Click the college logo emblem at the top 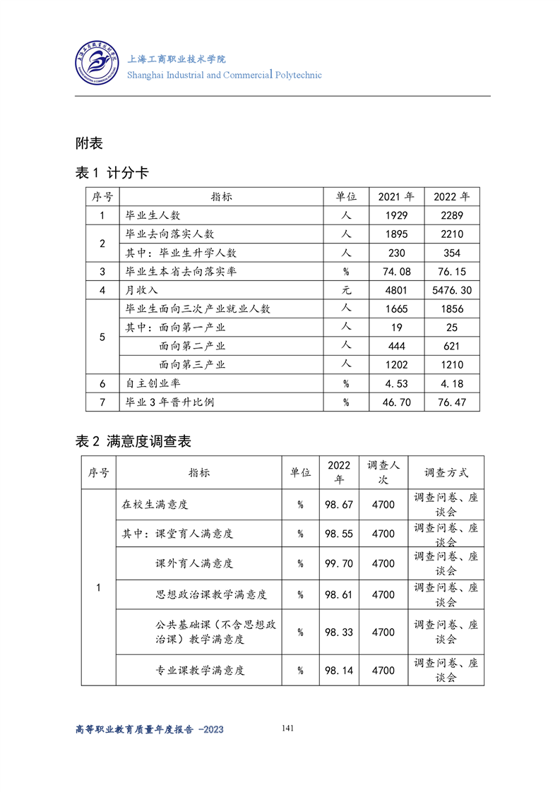coord(97,64)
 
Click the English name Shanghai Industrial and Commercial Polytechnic coord(224,75)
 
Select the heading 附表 coord(89,143)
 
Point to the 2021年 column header coord(396,197)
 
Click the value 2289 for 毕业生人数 coord(452,215)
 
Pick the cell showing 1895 coord(396,234)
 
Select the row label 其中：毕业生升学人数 coord(181,253)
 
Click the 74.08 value coord(396,272)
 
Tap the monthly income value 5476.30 coord(452,290)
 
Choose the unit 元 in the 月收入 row coord(346,290)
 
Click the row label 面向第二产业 coord(192,346)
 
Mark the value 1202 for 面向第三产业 coord(396,365)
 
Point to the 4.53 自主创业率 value coord(396,384)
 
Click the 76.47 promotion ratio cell coord(452,402)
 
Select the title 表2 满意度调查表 coord(133,442)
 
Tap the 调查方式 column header coord(446,473)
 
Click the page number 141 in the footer coord(287,728)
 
